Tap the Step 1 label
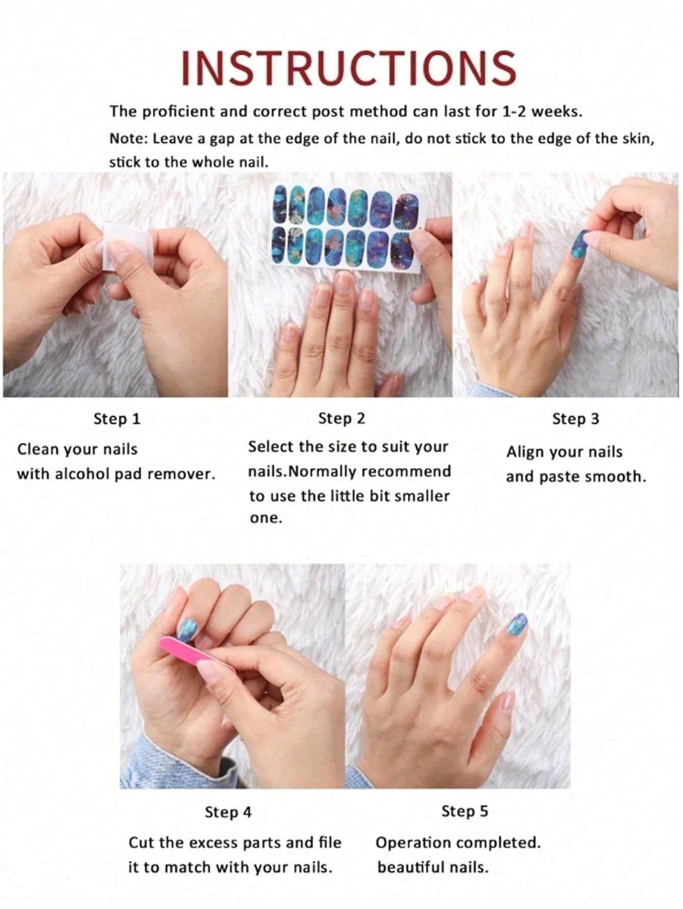point(117,419)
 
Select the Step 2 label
point(341,419)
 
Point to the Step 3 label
point(575,419)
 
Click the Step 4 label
point(228,812)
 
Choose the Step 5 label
point(464,811)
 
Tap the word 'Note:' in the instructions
point(128,139)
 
